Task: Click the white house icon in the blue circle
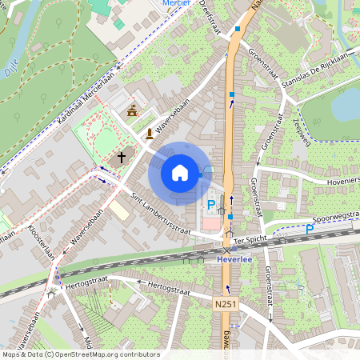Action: (x=180, y=172)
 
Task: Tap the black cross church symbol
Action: (x=122, y=157)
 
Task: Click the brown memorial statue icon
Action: (x=149, y=134)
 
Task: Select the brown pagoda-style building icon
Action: (x=132, y=110)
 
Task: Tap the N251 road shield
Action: (x=226, y=304)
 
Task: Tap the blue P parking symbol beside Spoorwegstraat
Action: (x=310, y=230)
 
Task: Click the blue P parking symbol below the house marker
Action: (x=211, y=206)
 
